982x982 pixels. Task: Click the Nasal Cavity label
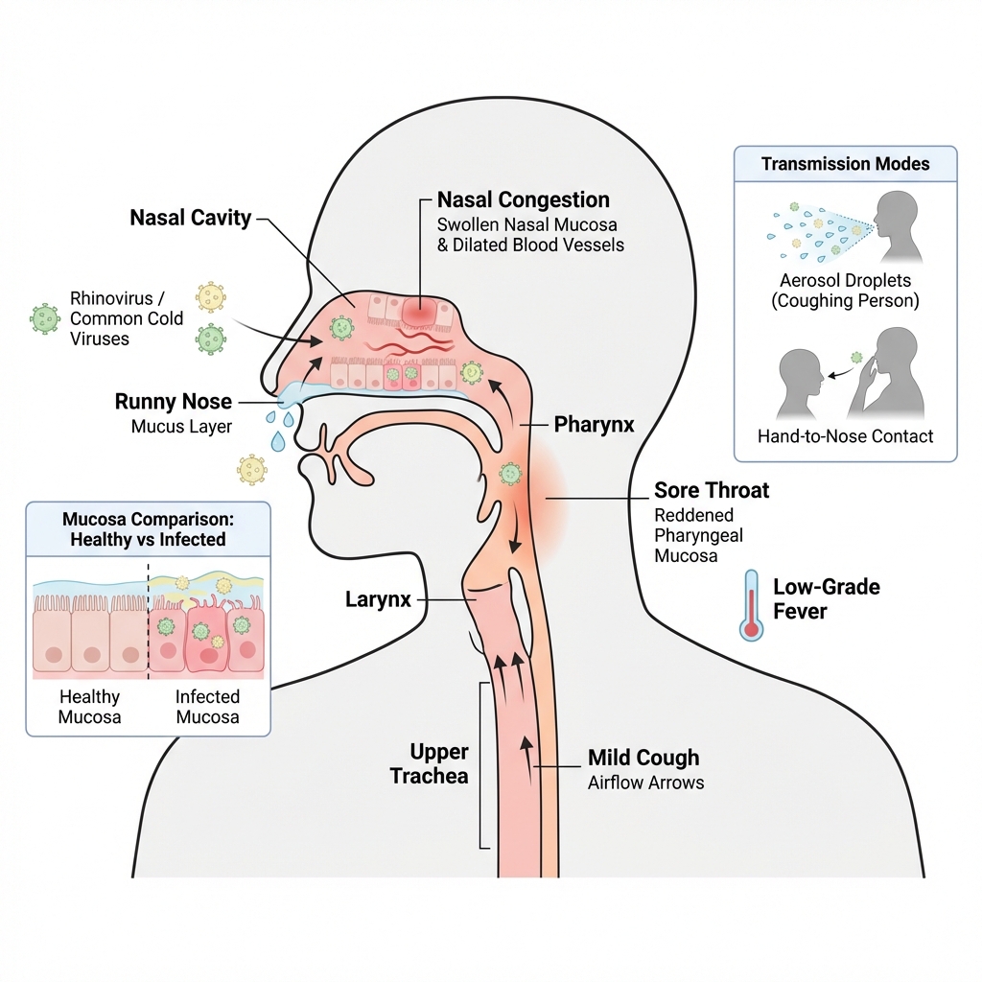click(x=190, y=218)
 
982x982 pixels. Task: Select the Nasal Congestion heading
click(x=523, y=200)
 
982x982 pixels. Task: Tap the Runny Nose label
click(x=173, y=402)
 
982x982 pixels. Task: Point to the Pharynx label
click(x=594, y=423)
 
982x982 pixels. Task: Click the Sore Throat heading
click(x=711, y=491)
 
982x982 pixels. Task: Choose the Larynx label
click(x=378, y=600)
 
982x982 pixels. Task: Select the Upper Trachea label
click(x=429, y=762)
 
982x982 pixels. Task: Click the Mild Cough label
click(x=643, y=759)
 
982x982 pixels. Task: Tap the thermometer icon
click(x=750, y=604)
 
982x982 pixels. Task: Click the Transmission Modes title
click(x=845, y=164)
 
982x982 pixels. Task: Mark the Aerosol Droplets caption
click(x=845, y=290)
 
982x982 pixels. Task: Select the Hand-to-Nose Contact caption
click(x=845, y=436)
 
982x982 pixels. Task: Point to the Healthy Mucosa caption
click(x=89, y=707)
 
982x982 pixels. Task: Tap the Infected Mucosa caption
click(x=207, y=707)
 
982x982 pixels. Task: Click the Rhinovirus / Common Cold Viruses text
click(x=126, y=317)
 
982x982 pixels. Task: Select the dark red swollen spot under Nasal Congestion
click(x=418, y=311)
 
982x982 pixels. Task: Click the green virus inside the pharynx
click(x=510, y=473)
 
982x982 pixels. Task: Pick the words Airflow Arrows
click(x=645, y=783)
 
